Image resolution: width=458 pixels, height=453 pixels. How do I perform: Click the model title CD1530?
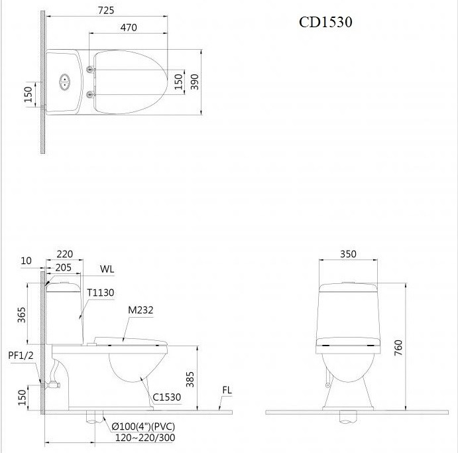pyautogui.click(x=325, y=22)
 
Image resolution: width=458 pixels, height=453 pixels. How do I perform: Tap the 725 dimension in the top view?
pyautogui.click(x=106, y=11)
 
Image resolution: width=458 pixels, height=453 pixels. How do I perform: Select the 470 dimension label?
pyautogui.click(x=129, y=27)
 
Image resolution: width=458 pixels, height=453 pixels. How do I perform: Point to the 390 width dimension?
pyautogui.click(x=194, y=82)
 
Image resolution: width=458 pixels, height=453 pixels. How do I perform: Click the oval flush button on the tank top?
pyautogui.click(x=64, y=82)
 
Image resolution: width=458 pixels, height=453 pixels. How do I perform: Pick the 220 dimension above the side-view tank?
pyautogui.click(x=64, y=254)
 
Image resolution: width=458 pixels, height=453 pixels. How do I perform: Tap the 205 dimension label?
pyautogui.click(x=63, y=267)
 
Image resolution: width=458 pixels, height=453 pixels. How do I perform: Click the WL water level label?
pyautogui.click(x=107, y=269)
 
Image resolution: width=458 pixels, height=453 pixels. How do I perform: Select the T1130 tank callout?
pyautogui.click(x=101, y=292)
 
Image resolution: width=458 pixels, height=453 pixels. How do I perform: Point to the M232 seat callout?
pyautogui.click(x=141, y=310)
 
